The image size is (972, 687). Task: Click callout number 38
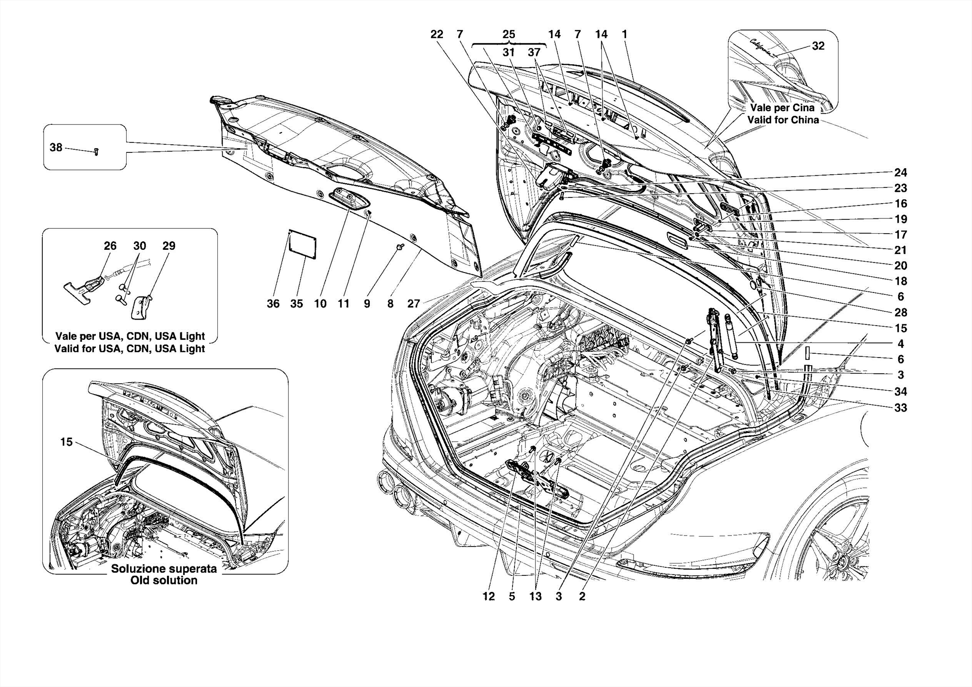click(x=56, y=148)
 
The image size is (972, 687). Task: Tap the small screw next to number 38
click(x=96, y=151)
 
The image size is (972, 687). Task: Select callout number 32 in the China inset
click(x=818, y=46)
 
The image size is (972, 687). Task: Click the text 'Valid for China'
click(x=783, y=120)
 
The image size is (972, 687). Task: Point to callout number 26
click(x=110, y=246)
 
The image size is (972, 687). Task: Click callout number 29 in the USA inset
click(x=169, y=246)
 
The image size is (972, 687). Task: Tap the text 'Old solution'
click(x=164, y=580)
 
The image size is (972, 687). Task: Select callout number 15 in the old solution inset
click(x=66, y=442)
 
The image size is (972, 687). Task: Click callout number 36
click(x=273, y=304)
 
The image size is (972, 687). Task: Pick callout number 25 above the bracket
click(x=508, y=34)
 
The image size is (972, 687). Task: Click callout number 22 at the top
click(x=437, y=34)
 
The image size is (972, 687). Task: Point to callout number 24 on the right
click(x=900, y=172)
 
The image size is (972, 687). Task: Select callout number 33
click(x=900, y=408)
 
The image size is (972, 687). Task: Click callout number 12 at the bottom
click(x=489, y=597)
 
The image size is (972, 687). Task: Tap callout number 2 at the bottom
click(x=582, y=597)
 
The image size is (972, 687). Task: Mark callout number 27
click(x=413, y=304)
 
